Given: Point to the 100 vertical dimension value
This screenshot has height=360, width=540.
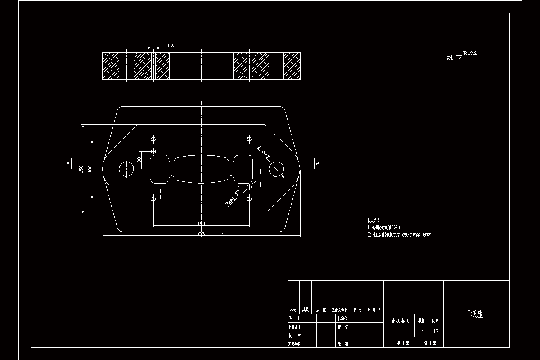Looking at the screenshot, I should point(90,169).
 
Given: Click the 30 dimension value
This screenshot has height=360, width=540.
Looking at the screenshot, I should point(139,159).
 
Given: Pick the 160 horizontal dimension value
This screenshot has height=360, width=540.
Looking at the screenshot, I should point(201,223).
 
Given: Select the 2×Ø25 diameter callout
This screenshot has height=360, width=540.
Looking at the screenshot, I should point(263,152).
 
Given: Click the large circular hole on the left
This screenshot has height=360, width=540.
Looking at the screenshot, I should point(126,169).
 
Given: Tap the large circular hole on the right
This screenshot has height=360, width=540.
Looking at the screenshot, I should point(276,169).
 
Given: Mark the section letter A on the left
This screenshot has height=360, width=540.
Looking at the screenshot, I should point(68,163).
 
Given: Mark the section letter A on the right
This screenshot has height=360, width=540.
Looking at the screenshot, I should point(317,163).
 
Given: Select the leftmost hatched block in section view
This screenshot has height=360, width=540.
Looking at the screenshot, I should point(111,66).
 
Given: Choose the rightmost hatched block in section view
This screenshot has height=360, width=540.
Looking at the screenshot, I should point(292,66).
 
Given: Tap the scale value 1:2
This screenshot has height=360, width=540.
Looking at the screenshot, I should point(436,332).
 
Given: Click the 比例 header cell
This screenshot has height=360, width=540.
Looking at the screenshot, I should point(436,321).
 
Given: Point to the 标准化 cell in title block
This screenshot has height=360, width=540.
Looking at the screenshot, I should point(343,318).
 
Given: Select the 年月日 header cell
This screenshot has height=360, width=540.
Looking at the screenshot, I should point(374,310).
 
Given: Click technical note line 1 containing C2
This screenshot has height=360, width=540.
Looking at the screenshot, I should point(387,228).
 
